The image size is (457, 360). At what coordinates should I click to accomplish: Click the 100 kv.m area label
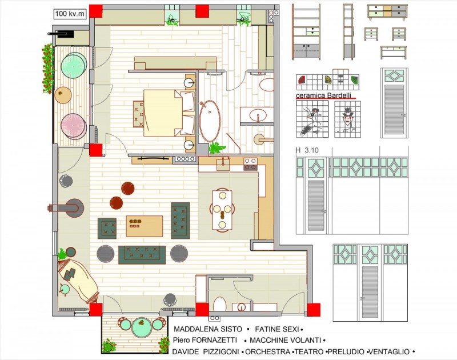tap(70, 14)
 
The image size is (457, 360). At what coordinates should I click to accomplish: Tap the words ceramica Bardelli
tap(323, 95)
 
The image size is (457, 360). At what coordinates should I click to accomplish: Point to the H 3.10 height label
tap(307, 150)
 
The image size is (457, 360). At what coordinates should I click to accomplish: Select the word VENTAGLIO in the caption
tap(390, 352)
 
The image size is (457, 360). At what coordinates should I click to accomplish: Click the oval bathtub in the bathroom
tap(210, 121)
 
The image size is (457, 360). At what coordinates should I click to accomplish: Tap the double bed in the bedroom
tap(169, 113)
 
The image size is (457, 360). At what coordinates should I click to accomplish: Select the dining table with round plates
tap(222, 210)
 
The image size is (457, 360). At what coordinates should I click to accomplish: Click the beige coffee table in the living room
tap(145, 226)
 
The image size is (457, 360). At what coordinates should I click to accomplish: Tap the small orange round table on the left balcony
tap(63, 95)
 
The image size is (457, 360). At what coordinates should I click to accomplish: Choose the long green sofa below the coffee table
tap(142, 255)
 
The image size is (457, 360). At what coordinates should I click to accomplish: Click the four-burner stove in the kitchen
tap(250, 164)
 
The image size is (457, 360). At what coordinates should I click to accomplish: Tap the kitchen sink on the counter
tap(223, 165)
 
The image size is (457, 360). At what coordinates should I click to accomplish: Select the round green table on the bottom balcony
tap(142, 327)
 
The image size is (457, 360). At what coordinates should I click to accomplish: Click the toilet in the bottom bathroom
tap(220, 305)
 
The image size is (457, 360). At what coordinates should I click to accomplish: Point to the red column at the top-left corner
tap(96, 11)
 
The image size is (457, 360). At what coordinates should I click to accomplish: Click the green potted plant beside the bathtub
tap(217, 147)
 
